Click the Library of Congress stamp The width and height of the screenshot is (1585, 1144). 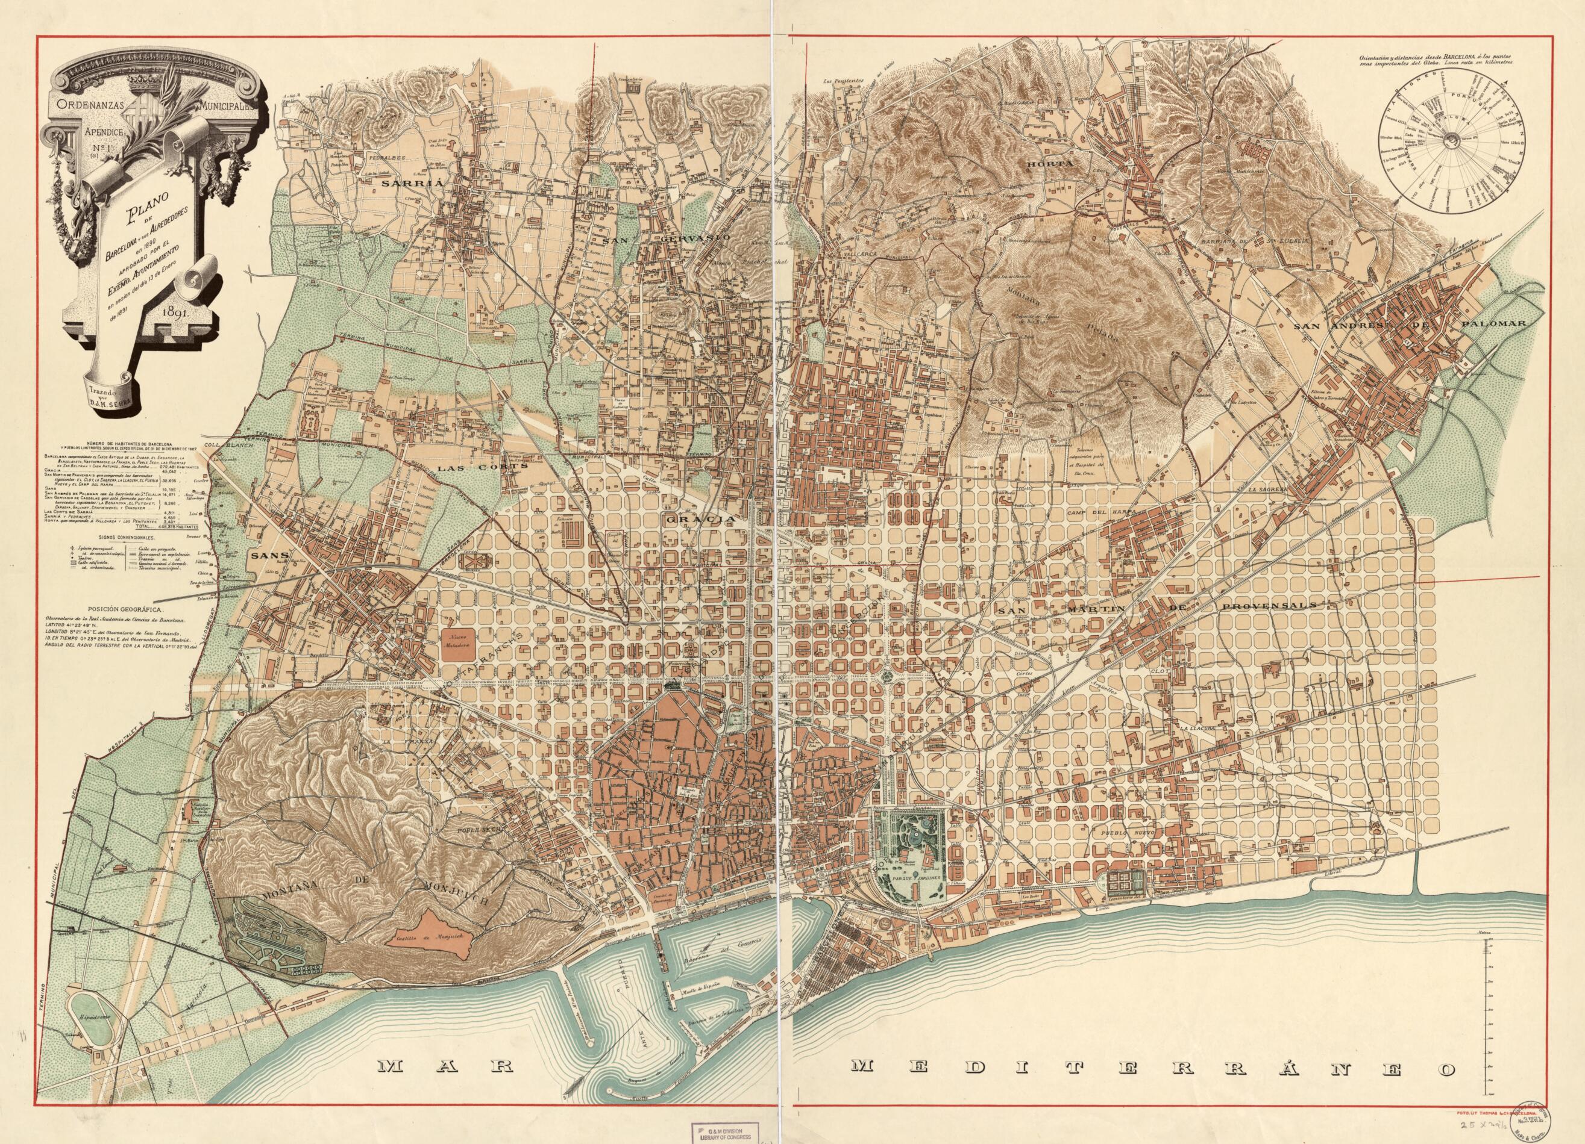click(726, 1132)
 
